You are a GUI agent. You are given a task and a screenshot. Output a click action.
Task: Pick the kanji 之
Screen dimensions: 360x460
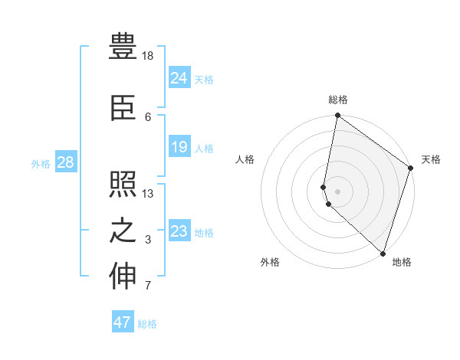pyautogui.click(x=123, y=231)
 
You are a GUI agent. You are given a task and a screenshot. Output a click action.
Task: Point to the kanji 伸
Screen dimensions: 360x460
pyautogui.click(x=123, y=277)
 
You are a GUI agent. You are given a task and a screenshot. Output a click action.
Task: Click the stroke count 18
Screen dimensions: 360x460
pyautogui.click(x=148, y=56)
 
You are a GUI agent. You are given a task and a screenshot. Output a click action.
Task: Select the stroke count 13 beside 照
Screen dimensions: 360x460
pyautogui.click(x=148, y=194)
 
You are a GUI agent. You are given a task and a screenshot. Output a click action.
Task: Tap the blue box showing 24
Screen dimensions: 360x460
pyautogui.click(x=179, y=78)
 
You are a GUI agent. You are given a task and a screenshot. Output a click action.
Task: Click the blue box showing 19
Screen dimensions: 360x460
pyautogui.click(x=179, y=147)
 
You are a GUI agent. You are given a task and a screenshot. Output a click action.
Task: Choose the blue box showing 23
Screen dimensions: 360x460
pyautogui.click(x=179, y=231)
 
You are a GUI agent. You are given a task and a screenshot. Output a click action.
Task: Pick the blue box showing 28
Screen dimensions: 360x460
pyautogui.click(x=65, y=162)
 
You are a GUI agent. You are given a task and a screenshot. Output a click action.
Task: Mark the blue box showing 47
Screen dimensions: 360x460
pyautogui.click(x=123, y=322)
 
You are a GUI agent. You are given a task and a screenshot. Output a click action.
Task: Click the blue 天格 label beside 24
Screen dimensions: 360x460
pyautogui.click(x=204, y=80)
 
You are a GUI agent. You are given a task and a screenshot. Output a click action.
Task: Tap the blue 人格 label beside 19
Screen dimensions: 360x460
pyautogui.click(x=204, y=149)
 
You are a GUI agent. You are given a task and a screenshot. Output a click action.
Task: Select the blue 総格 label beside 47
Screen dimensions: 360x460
pyautogui.click(x=147, y=324)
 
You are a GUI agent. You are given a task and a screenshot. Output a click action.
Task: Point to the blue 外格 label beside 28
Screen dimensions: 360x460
pyautogui.click(x=41, y=164)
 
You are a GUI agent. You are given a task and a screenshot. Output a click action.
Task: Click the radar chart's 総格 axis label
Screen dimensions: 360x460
pyautogui.click(x=338, y=100)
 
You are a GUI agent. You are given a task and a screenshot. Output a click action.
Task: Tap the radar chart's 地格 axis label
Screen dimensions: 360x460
pyautogui.click(x=402, y=262)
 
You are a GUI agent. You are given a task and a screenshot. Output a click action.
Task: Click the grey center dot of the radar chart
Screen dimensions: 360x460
pyautogui.click(x=338, y=191)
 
